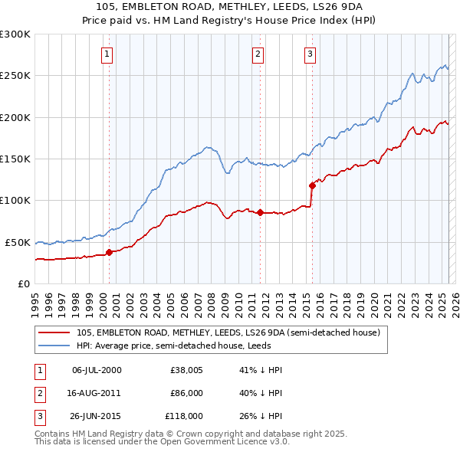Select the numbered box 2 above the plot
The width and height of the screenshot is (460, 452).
258,54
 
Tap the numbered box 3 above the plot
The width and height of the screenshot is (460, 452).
310,54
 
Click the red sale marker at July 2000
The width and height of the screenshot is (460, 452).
109,251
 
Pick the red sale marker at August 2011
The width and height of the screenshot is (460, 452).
260,212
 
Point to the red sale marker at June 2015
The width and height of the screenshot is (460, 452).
312,185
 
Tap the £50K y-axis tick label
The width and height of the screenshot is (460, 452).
18,242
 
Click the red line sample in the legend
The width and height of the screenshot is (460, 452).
54,333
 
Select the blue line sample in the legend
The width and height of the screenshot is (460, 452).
54,346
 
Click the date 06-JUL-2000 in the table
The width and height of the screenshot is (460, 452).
97,370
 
